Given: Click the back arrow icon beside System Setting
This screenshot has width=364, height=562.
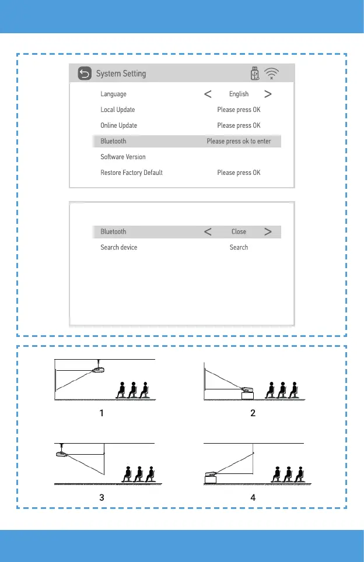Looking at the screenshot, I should pos(85,74).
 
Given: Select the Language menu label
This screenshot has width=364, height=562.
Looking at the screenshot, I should pos(113,94).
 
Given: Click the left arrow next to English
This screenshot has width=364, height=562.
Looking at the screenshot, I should pos(207,94).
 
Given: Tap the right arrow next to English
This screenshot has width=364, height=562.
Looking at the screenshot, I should pos(268,94).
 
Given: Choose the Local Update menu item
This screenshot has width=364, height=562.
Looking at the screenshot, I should pos(117,110).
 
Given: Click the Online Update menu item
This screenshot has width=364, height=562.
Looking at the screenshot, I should pos(118,125).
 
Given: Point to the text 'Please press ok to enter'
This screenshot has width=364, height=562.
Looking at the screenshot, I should pos(239,141).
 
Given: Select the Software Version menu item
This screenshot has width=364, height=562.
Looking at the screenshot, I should pos(123,157).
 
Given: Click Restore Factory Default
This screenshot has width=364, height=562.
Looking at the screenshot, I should pos(131,173).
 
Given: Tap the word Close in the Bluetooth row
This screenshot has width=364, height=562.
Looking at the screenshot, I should pos(239,231).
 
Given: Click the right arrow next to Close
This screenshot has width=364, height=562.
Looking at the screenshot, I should pos(268,231).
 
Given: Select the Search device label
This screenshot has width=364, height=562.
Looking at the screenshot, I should pos(118,247).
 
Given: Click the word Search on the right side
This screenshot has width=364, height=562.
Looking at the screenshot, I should pos(239,247).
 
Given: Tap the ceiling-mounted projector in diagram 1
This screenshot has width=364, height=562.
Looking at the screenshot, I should pos(99,368).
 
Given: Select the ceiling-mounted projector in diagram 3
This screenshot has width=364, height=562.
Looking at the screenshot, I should pos(61,454).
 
